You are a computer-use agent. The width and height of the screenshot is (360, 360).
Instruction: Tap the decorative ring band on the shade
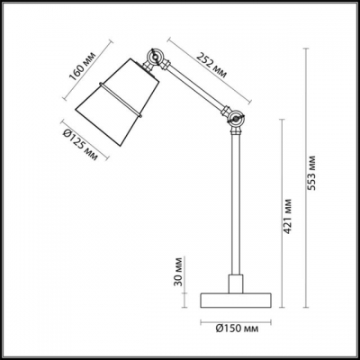coord(122,101)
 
